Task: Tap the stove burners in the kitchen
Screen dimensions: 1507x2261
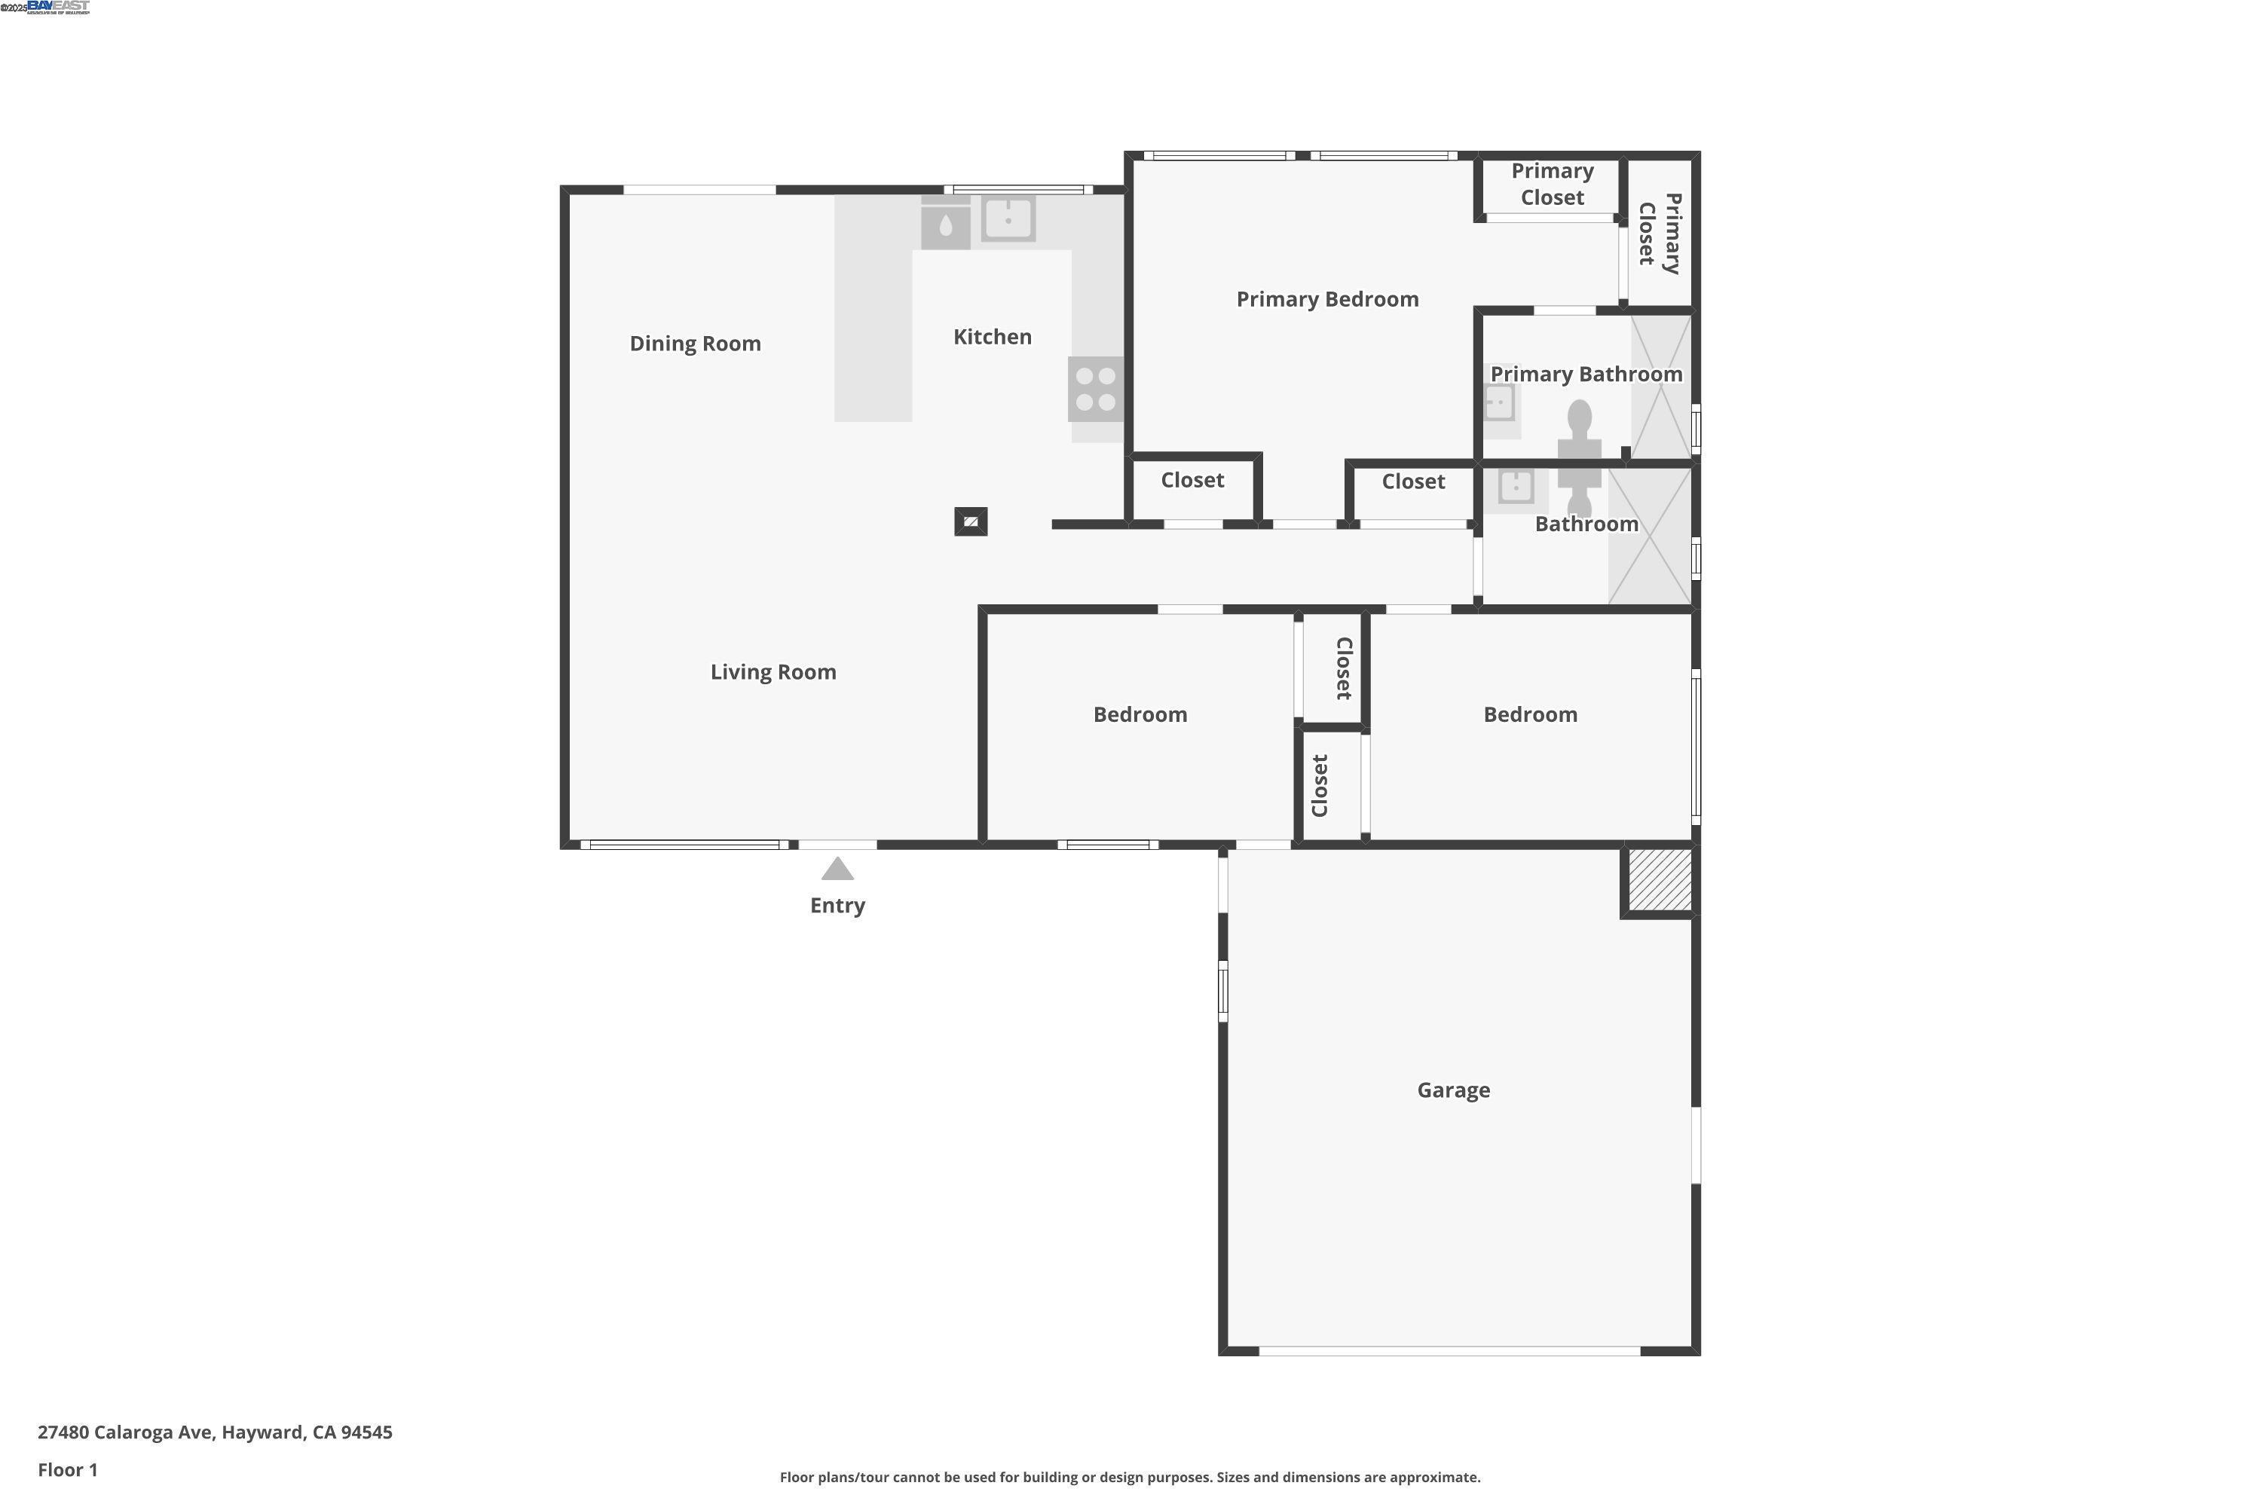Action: click(1095, 390)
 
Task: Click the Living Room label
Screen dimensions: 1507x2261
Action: click(773, 672)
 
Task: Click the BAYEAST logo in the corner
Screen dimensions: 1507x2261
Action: click(58, 7)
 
